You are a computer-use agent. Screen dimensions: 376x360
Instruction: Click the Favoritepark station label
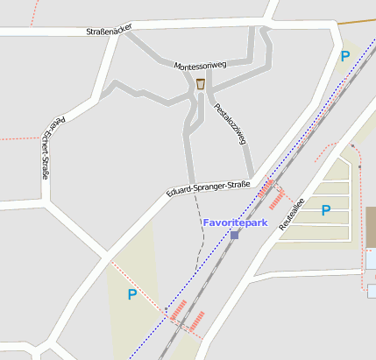pyautogui.click(x=235, y=223)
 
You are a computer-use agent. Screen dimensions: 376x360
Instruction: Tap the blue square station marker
pyautogui.click(x=234, y=235)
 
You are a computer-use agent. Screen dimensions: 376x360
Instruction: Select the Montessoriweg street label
pyautogui.click(x=201, y=66)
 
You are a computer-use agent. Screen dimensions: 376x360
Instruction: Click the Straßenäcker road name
pyautogui.click(x=109, y=31)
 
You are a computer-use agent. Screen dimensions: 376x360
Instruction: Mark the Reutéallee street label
pyautogui.click(x=292, y=214)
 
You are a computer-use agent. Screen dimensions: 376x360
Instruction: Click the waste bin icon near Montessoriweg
pyautogui.click(x=201, y=84)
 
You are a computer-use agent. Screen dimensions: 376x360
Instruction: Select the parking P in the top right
pyautogui.click(x=344, y=56)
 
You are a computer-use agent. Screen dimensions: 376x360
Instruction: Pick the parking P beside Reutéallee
pyautogui.click(x=326, y=210)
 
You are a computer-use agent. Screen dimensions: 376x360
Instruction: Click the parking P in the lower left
pyautogui.click(x=132, y=295)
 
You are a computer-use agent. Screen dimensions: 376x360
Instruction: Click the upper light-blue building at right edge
pyautogui.click(x=371, y=260)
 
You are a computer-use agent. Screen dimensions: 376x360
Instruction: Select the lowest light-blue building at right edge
pyautogui.click(x=372, y=290)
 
